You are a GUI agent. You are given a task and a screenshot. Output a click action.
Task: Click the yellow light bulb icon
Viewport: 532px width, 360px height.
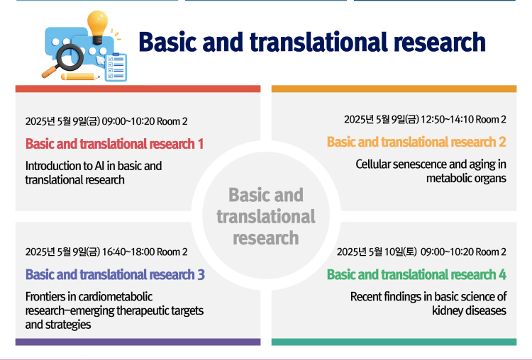coord(97,27)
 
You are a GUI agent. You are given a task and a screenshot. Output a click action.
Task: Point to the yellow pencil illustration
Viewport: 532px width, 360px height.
coord(80,77)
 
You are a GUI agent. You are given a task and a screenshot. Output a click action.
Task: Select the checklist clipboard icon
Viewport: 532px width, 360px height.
coord(116,67)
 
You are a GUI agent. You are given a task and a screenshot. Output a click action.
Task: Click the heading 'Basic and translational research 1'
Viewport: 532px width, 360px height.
coord(114,144)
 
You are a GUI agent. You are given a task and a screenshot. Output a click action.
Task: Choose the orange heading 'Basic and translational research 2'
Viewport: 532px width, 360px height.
coord(416,142)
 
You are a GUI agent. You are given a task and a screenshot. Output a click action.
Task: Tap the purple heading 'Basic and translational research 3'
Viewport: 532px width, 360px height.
coord(115,274)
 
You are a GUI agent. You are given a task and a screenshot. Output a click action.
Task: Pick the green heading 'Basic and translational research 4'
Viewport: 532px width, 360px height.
coord(416,274)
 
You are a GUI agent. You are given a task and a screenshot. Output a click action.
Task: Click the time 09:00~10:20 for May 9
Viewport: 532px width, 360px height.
coord(128,121)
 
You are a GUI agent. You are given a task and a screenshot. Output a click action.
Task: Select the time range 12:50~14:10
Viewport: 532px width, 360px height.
coord(447,120)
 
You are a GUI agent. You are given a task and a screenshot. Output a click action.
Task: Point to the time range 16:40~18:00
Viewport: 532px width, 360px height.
coord(128,252)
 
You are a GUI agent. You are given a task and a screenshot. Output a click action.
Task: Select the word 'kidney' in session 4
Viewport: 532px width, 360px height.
coord(448,310)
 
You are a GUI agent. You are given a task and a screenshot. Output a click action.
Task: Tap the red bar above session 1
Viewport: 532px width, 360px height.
coord(138,89)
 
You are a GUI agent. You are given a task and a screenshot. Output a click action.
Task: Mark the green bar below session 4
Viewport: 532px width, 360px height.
coord(394,342)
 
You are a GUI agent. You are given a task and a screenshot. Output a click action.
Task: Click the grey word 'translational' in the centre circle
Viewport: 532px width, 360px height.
coord(266,216)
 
